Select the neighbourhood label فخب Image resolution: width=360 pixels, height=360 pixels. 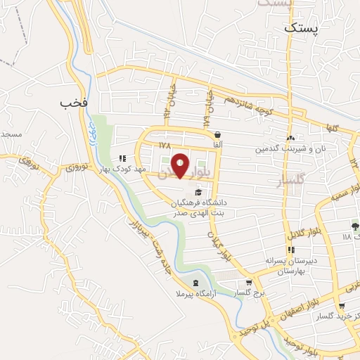(73, 103)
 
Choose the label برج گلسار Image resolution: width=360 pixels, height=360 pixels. (250, 293)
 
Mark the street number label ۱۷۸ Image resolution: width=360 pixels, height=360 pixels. (165, 146)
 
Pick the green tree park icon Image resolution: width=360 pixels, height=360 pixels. (355, 226)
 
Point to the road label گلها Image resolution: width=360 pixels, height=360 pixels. (330, 129)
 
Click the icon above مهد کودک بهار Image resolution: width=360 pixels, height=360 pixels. (122, 159)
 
